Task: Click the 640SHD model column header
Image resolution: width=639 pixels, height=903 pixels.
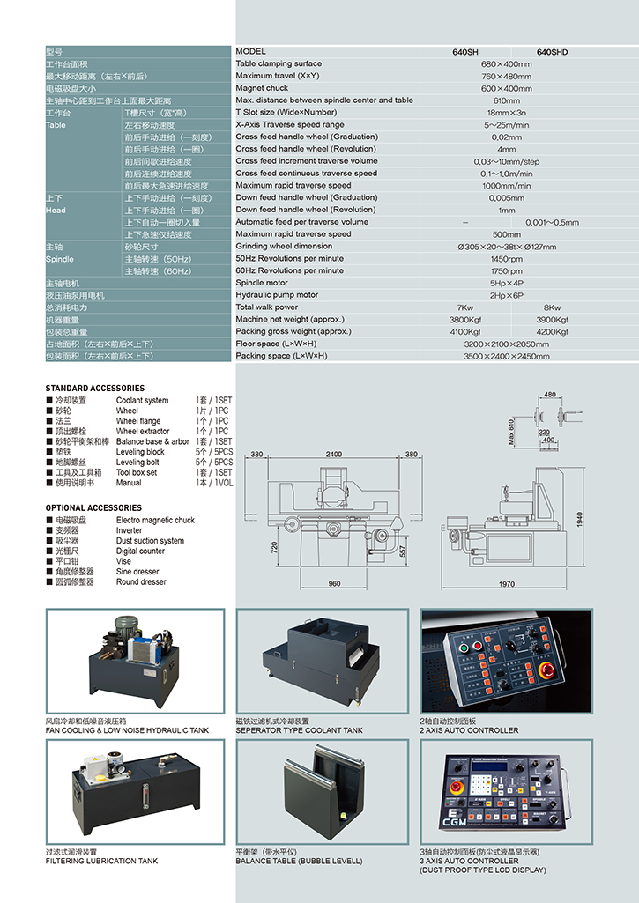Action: [x=552, y=52]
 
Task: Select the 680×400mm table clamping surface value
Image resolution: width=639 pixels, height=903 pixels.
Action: [x=506, y=64]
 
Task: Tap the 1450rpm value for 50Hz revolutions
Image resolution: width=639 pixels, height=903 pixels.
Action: [x=506, y=259]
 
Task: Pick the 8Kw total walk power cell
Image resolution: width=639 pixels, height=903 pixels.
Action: [x=552, y=307]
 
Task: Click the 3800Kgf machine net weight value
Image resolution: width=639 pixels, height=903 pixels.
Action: [x=465, y=320]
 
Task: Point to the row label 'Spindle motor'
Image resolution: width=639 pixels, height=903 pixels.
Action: [x=263, y=283]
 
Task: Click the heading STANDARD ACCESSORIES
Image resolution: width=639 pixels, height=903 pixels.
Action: [x=95, y=389]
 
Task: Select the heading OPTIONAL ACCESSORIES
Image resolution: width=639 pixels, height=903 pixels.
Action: [x=93, y=508]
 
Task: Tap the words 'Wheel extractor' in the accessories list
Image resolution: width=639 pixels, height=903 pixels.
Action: [x=143, y=432]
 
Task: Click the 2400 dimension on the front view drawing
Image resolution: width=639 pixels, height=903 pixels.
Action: [x=334, y=455]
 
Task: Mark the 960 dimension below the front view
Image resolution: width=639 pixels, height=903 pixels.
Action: [x=334, y=584]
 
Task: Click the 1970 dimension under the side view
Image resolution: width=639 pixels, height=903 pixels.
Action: [x=506, y=584]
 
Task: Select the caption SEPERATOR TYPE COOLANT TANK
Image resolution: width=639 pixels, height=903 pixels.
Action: [x=299, y=730]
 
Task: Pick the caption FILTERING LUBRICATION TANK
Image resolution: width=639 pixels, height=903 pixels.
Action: [x=101, y=861]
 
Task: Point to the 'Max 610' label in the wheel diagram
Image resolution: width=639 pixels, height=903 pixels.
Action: [x=510, y=433]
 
